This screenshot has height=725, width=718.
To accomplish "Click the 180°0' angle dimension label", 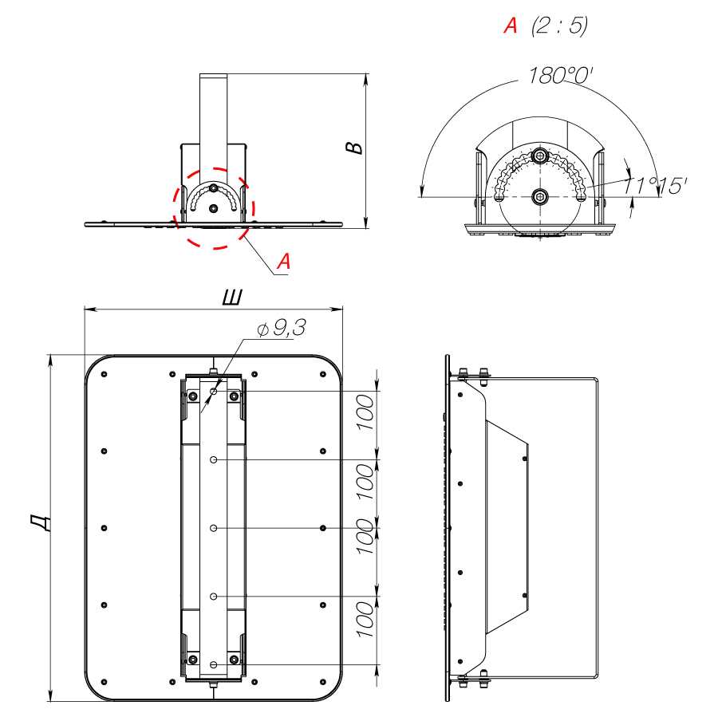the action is click(560, 76).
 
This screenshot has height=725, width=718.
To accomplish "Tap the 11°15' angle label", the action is click(654, 186).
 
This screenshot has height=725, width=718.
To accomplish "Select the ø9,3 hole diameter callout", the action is click(282, 328).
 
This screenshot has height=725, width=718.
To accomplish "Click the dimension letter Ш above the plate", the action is click(232, 297).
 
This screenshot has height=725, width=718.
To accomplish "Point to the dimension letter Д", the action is click(40, 523).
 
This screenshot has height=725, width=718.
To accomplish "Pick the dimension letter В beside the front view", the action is click(354, 147).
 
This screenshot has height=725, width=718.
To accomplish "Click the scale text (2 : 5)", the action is click(560, 26).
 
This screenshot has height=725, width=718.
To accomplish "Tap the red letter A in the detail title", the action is click(511, 26).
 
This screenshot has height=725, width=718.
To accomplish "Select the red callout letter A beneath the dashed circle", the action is click(283, 262).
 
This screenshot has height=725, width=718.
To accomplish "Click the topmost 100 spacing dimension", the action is click(365, 412).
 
